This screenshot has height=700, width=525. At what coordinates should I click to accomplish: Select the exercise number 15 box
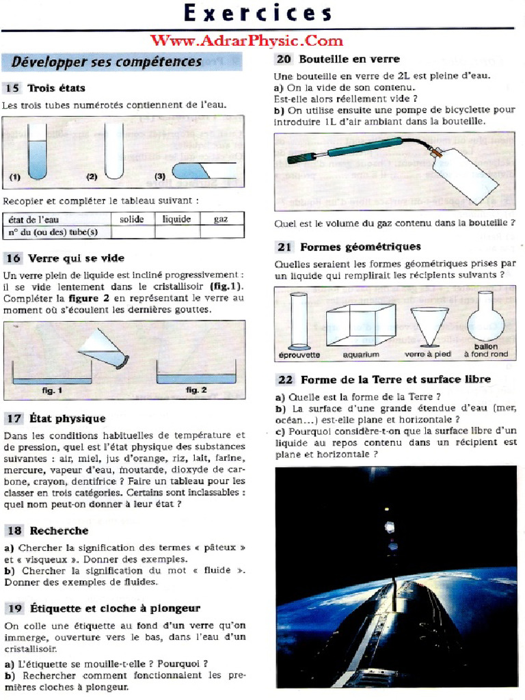(12, 87)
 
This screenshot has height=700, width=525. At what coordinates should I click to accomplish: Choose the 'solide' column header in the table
(132, 219)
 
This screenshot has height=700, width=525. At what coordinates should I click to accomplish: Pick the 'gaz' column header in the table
(221, 219)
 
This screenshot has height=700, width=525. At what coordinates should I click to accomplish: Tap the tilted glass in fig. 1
(103, 349)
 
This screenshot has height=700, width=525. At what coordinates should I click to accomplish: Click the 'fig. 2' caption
(196, 390)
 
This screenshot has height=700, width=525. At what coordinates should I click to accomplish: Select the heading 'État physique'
(66, 418)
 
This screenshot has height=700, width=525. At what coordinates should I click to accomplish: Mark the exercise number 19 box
(13, 608)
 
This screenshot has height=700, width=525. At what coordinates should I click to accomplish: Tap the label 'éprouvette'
(299, 355)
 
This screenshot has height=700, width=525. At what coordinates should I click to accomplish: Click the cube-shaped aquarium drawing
(360, 325)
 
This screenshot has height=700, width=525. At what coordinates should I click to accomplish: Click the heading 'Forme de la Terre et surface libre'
(396, 379)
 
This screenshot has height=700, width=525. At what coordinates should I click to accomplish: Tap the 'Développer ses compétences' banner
(107, 62)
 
